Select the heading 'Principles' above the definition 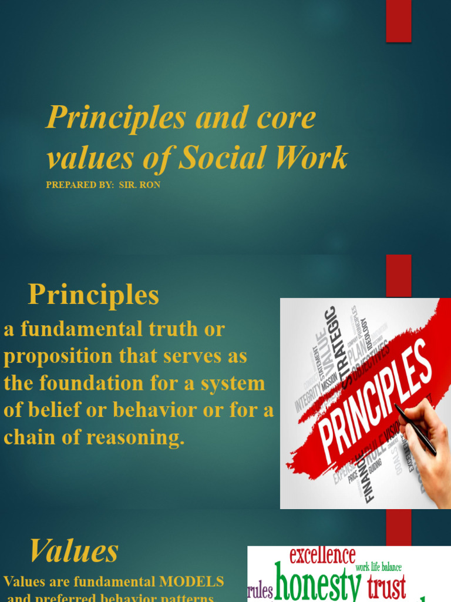[x=93, y=295]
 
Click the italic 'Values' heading [x=74, y=551]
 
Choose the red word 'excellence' [x=322, y=556]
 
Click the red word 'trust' [x=387, y=587]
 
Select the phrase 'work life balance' [x=379, y=567]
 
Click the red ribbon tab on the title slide [x=398, y=21]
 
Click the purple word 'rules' [x=260, y=590]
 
